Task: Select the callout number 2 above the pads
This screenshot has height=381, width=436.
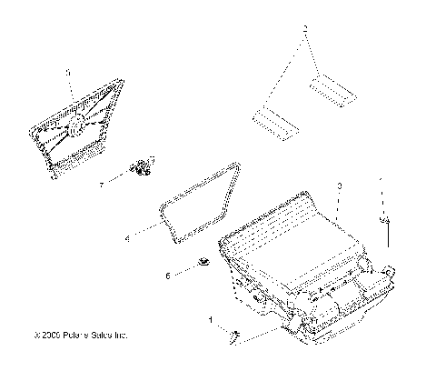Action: (x=306, y=29)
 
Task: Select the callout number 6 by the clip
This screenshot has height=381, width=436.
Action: (x=167, y=274)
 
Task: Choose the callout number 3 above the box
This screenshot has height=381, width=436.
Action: (x=339, y=185)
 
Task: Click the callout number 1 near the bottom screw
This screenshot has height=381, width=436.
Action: (x=211, y=319)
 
